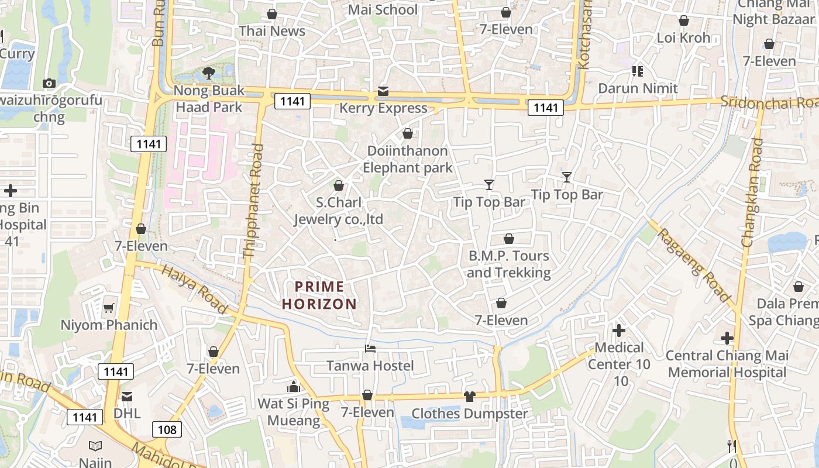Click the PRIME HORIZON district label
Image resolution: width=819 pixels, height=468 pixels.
click(x=319, y=295)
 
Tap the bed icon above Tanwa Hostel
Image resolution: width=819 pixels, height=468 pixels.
click(x=370, y=349)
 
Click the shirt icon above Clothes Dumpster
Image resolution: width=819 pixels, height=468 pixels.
click(x=469, y=397)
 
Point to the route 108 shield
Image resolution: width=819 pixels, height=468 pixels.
click(x=167, y=429)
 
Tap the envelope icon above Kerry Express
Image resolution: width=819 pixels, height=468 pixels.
click(x=383, y=91)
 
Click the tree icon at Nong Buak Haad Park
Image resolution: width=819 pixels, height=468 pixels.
click(x=208, y=73)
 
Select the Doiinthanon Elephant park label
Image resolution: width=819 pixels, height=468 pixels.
click(x=407, y=159)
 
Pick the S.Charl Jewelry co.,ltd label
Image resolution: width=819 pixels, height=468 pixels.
click(x=338, y=211)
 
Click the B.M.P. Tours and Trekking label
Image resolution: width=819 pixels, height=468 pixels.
click(x=509, y=264)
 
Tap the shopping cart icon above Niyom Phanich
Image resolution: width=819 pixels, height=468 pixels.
click(x=109, y=308)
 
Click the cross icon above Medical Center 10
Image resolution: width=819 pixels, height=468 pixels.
click(x=618, y=331)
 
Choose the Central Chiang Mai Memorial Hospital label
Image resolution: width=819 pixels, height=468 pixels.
click(x=727, y=364)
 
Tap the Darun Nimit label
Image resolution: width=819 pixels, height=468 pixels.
click(x=638, y=88)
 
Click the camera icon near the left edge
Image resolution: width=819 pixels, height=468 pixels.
click(x=49, y=84)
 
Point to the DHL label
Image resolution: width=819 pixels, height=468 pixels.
click(x=127, y=413)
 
